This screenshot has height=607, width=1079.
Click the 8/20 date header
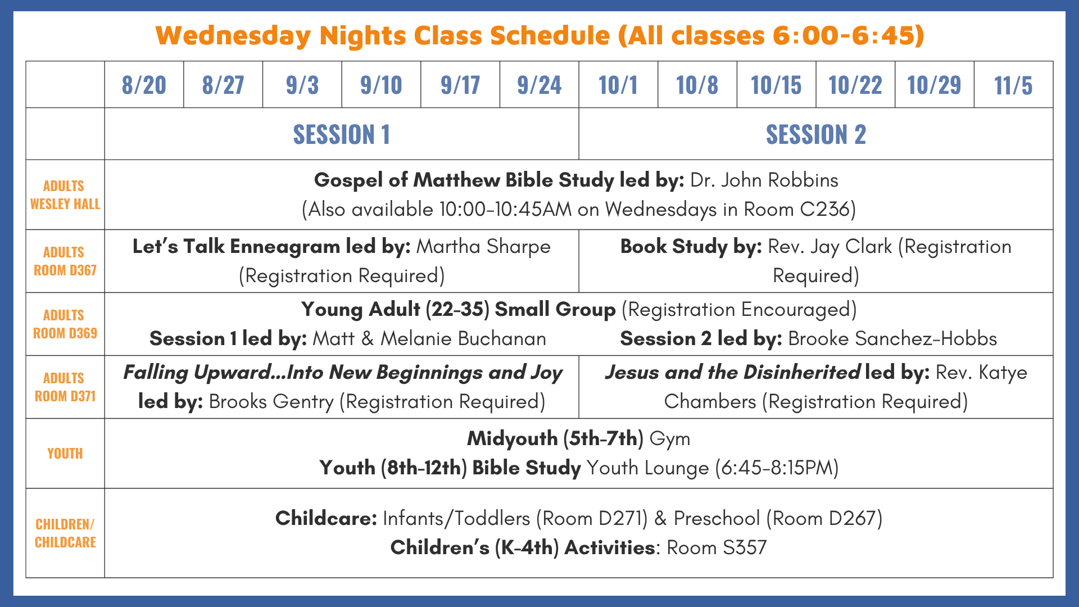(144, 85)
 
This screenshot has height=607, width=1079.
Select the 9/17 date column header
(460, 85)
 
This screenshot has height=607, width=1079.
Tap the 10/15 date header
(776, 85)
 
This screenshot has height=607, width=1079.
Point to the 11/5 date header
(1013, 85)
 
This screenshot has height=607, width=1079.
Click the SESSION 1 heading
(342, 134)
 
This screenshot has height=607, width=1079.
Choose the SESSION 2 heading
(816, 134)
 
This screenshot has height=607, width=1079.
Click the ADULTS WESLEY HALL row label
(65, 195)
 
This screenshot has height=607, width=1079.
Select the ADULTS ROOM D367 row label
(65, 261)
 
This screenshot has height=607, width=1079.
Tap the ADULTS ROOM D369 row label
(65, 324)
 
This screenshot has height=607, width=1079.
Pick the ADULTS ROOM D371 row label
(65, 387)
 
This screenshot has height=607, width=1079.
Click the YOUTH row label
(65, 454)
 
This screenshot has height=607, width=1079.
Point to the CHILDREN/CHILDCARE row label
(65, 533)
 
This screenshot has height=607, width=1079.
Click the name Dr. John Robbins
(764, 180)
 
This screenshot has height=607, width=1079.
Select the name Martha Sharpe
(483, 247)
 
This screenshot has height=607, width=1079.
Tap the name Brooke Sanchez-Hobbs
(892, 339)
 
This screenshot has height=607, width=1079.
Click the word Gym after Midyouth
(670, 439)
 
